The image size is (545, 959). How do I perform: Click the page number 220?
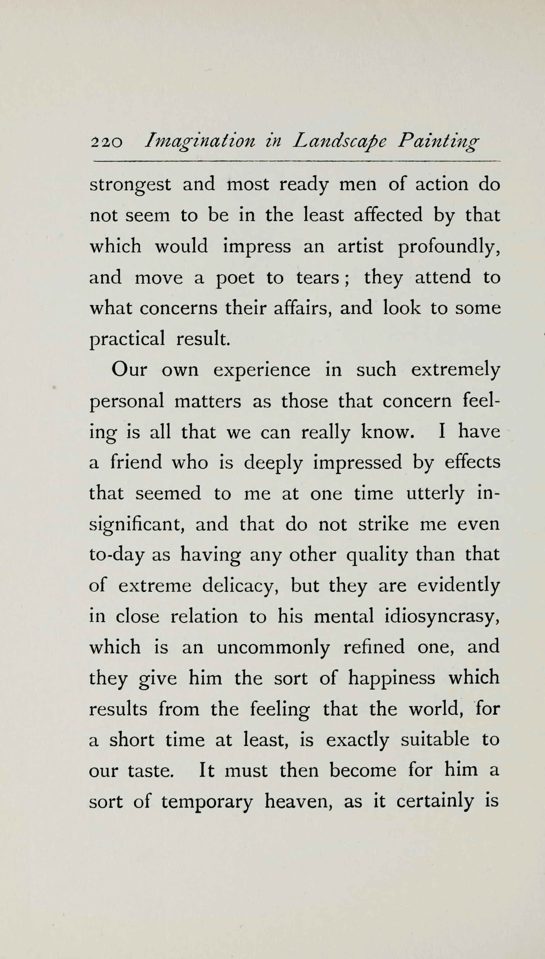point(106,143)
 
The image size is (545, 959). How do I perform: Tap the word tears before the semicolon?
point(317,278)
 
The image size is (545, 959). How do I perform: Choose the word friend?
point(136,462)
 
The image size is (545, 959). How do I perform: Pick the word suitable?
point(435,740)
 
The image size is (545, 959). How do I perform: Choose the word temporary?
point(207,802)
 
